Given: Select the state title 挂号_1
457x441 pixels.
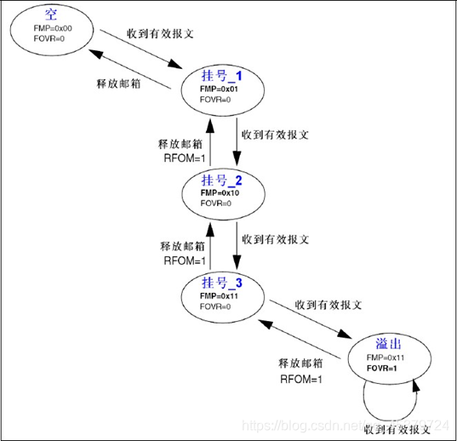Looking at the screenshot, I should pyautogui.click(x=221, y=76).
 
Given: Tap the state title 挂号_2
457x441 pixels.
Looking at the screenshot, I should pyautogui.click(x=221, y=181).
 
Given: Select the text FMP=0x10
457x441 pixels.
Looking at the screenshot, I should pyautogui.click(x=220, y=193).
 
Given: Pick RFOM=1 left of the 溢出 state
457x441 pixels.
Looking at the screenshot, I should pyautogui.click(x=300, y=378).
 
